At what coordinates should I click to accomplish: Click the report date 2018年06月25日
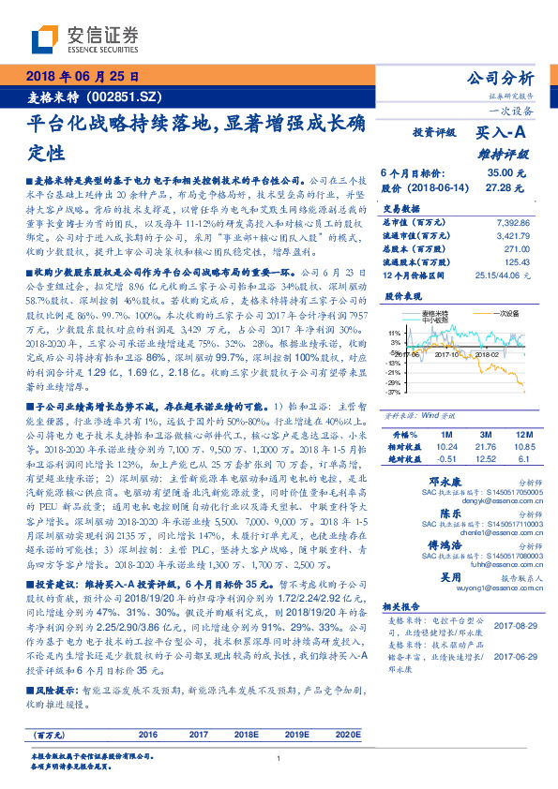coord(83,76)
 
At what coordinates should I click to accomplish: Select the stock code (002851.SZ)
coord(124,97)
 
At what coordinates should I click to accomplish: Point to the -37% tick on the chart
coord(393,392)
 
